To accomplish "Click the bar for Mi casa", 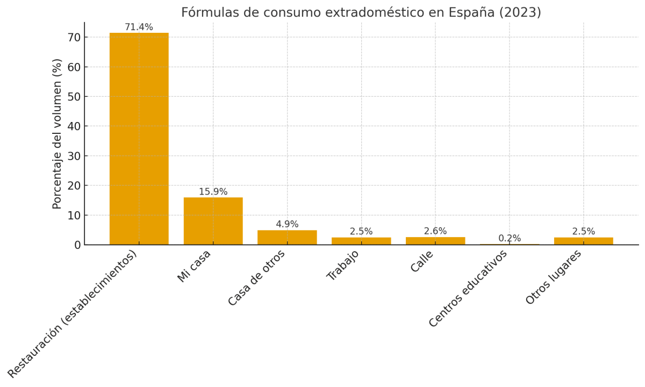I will coord(213,221).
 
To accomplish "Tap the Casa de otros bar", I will coord(287,238).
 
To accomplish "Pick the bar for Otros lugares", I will coord(583,241).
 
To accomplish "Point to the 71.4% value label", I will coord(139,27).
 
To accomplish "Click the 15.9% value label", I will coord(213,192).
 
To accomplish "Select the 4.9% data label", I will coord(287,224).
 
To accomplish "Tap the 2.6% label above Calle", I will coord(435,231).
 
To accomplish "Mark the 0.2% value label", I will coord(509,238).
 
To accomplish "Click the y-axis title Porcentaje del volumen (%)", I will coord(58,133).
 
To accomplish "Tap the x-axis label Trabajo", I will coord(343,265).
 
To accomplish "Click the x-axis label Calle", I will coord(422,261).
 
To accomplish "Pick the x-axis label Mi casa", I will coord(195,266).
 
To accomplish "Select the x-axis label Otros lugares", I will coord(554,277).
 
